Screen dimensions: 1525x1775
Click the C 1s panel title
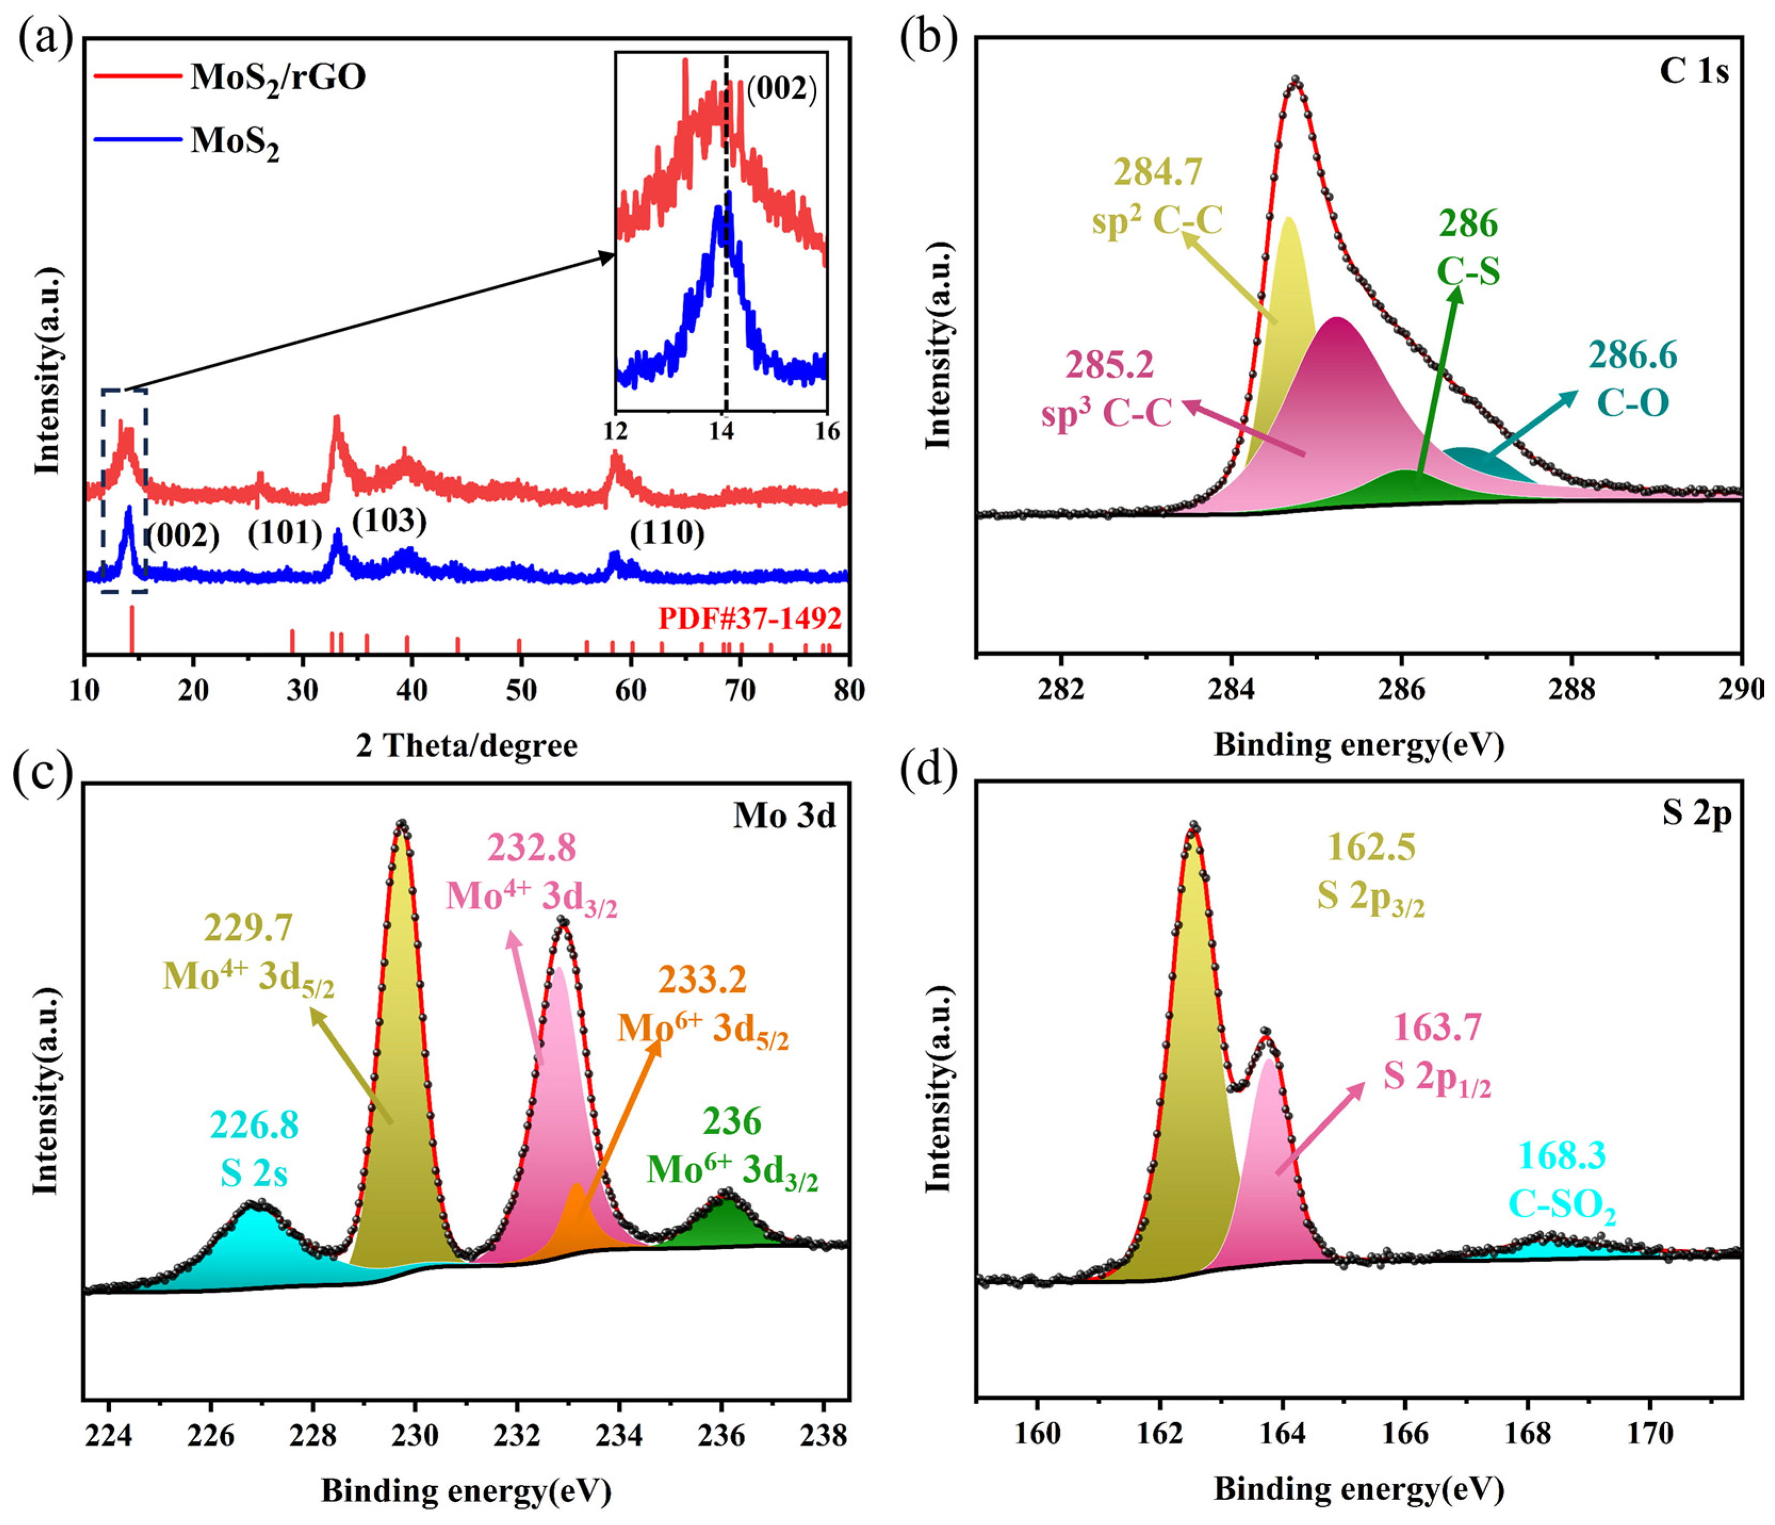[x=1694, y=72]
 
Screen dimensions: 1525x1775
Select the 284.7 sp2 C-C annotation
[x=1157, y=196]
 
